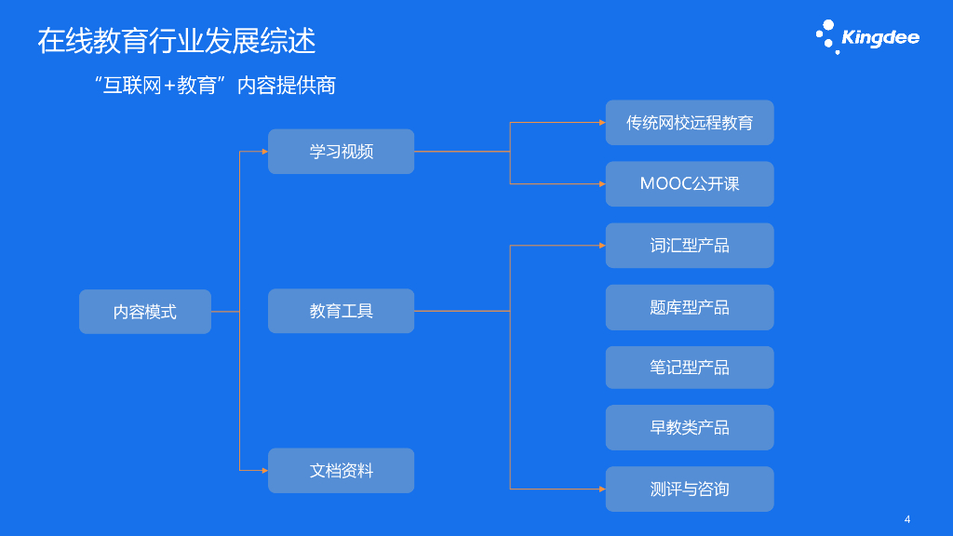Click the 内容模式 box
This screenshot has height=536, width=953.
click(145, 312)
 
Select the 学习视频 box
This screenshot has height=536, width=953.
click(341, 152)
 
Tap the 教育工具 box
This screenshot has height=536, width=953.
click(341, 311)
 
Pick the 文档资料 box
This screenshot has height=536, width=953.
click(341, 471)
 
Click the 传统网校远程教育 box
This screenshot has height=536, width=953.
click(690, 123)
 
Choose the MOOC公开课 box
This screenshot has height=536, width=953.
click(690, 184)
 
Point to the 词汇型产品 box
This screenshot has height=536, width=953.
click(690, 246)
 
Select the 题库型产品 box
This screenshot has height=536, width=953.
click(690, 307)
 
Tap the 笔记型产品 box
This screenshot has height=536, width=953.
click(690, 368)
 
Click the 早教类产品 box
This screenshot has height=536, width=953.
click(690, 428)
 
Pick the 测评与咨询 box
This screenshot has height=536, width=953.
click(690, 489)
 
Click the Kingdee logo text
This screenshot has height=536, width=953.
click(879, 38)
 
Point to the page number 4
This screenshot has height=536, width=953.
click(907, 519)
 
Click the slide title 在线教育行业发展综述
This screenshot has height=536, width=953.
click(177, 41)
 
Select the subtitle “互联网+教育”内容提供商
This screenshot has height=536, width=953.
click(215, 86)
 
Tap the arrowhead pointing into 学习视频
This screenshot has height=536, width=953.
click(264, 152)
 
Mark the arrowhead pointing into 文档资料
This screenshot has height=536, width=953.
click(264, 471)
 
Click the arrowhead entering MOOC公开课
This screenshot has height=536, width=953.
click(602, 184)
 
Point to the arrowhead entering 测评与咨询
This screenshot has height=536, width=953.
click(602, 489)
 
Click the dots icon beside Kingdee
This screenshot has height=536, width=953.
click(826, 36)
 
